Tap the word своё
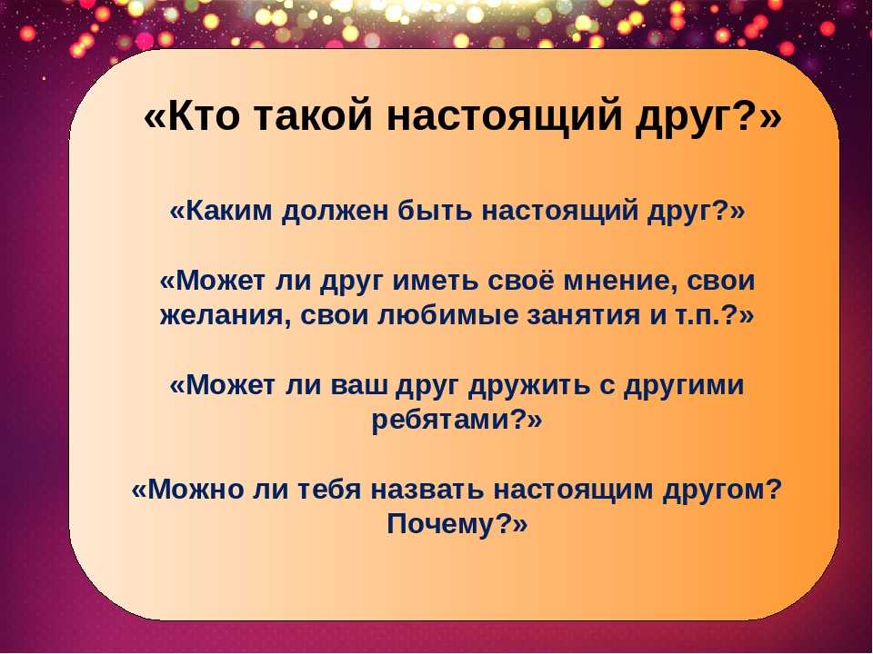coord(520,280)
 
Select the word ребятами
coord(440,421)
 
